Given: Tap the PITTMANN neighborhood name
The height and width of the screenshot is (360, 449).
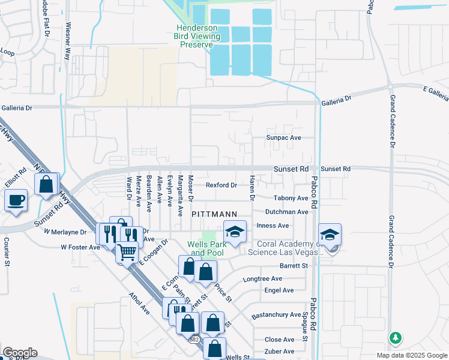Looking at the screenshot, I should [x=214, y=214].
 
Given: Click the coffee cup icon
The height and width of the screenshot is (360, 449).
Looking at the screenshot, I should [x=16, y=200].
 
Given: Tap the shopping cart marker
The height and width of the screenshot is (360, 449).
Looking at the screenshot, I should [x=126, y=253].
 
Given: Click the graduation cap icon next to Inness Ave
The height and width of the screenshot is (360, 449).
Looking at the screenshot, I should [x=235, y=232].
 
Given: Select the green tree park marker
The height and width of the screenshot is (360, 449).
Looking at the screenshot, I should [x=395, y=338].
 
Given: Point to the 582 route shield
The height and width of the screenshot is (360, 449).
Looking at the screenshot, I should [x=194, y=340].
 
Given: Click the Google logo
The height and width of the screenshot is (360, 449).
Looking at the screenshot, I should [x=20, y=353].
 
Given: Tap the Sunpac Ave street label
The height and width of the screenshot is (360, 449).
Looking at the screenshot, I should [x=284, y=137].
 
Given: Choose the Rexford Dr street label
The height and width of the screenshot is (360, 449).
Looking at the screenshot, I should [x=221, y=185].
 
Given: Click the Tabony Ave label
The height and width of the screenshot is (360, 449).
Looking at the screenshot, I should [x=291, y=198].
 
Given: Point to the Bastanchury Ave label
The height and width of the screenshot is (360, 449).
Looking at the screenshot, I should [x=276, y=314].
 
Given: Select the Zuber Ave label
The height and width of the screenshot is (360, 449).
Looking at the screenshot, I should [x=280, y=351].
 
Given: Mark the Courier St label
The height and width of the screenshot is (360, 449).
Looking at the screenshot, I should [x=7, y=252].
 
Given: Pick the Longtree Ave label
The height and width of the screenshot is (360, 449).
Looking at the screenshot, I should [x=262, y=279].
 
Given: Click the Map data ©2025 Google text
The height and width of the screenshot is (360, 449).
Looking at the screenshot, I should [x=411, y=355].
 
